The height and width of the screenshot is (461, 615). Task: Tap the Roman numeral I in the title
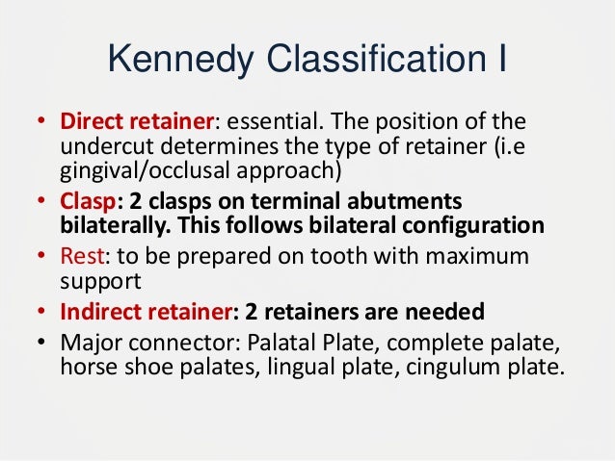(x=501, y=64)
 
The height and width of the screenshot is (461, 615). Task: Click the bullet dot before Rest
(x=42, y=261)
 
